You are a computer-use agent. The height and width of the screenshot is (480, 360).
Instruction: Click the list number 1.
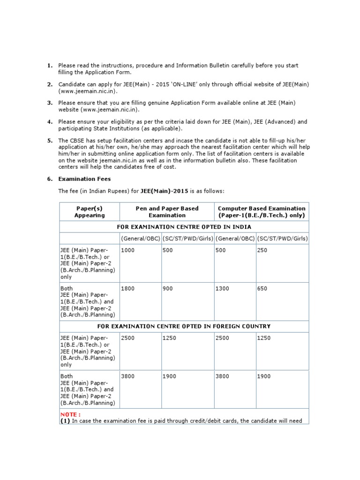click(49, 66)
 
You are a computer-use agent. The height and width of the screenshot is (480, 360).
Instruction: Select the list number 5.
click(49, 141)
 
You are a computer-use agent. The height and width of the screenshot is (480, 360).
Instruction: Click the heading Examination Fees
click(84, 179)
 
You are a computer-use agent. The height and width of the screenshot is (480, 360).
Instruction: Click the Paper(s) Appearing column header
click(90, 212)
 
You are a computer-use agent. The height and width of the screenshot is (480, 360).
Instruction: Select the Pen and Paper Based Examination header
click(167, 212)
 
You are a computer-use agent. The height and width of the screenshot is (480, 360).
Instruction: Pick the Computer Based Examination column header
click(262, 212)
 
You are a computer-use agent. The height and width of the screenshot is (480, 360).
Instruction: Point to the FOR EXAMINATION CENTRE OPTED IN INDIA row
click(184, 227)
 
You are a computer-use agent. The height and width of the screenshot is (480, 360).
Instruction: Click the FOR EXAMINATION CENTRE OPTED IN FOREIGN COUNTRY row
click(184, 326)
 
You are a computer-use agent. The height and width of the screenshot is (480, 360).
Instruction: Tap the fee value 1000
click(127, 251)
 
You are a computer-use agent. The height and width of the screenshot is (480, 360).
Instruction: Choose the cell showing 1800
click(127, 289)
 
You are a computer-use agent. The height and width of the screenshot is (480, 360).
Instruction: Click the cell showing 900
click(168, 289)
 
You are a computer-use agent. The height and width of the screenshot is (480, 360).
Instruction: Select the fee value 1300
click(222, 289)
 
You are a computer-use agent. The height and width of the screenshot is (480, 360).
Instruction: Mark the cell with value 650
click(262, 289)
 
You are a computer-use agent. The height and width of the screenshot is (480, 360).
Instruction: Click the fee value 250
click(262, 251)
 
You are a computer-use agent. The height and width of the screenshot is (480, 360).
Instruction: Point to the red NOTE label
click(70, 415)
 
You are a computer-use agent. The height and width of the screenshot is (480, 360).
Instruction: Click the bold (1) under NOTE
click(65, 421)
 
